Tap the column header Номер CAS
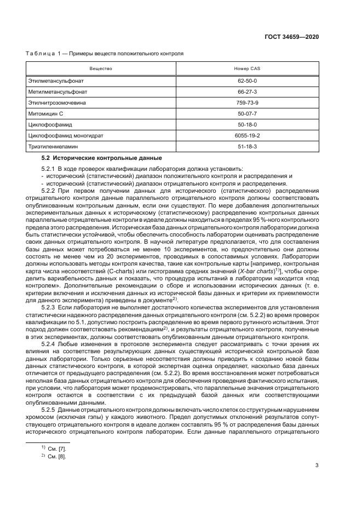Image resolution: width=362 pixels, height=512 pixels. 246,69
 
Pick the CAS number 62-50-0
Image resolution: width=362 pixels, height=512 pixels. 246,81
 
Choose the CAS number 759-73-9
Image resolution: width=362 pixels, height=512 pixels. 246,103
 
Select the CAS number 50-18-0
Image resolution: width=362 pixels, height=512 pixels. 246,125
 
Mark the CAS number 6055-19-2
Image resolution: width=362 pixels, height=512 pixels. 246,136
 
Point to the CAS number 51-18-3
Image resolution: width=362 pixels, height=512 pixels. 246,147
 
